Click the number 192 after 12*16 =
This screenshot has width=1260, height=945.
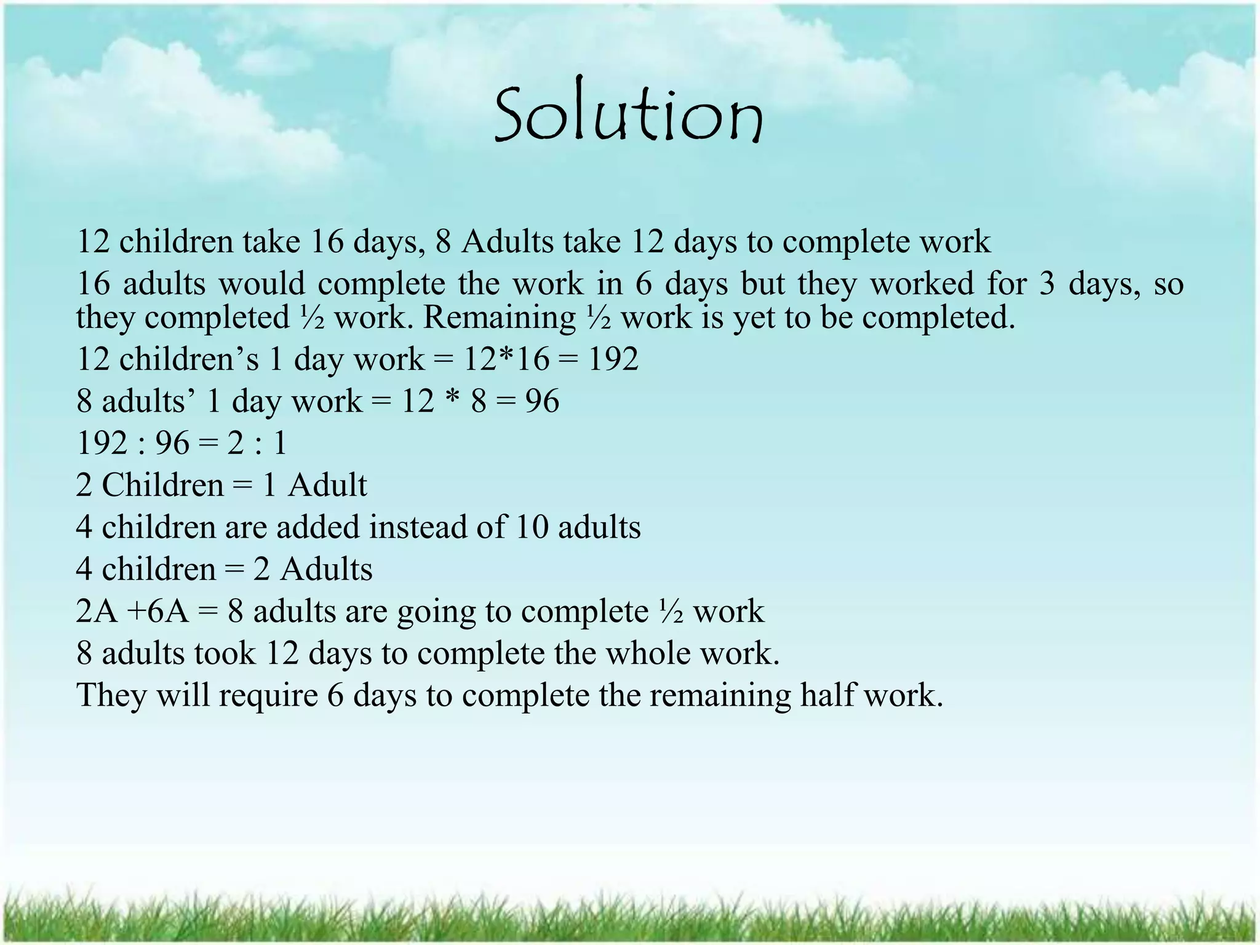(x=613, y=359)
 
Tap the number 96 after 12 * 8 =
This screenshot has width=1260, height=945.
(x=542, y=401)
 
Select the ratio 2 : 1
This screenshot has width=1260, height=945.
(x=257, y=443)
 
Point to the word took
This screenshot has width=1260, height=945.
(x=225, y=653)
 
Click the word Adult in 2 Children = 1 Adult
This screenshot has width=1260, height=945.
(x=327, y=485)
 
